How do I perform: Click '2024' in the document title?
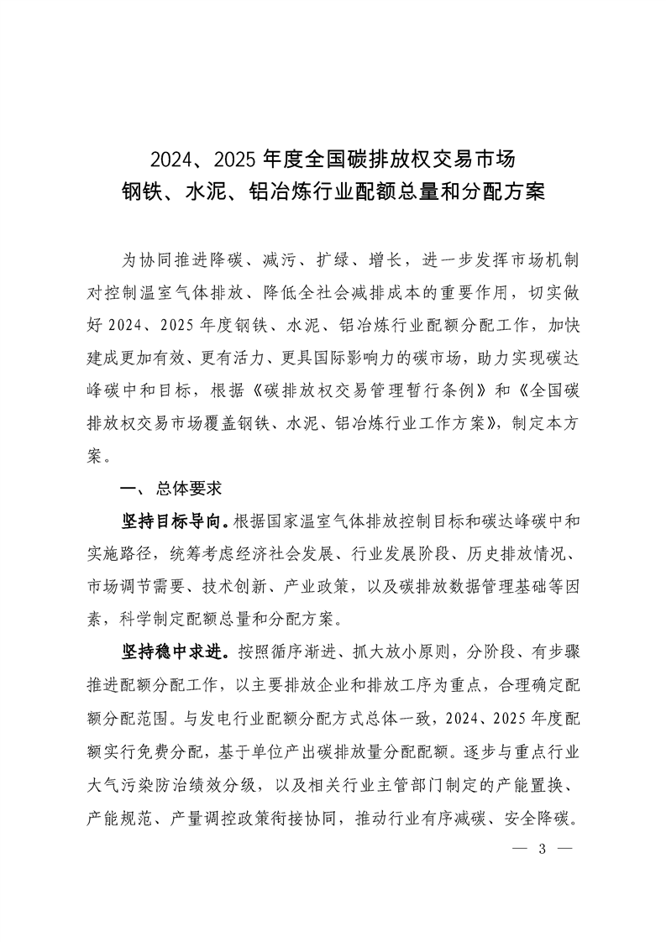[172, 158]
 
